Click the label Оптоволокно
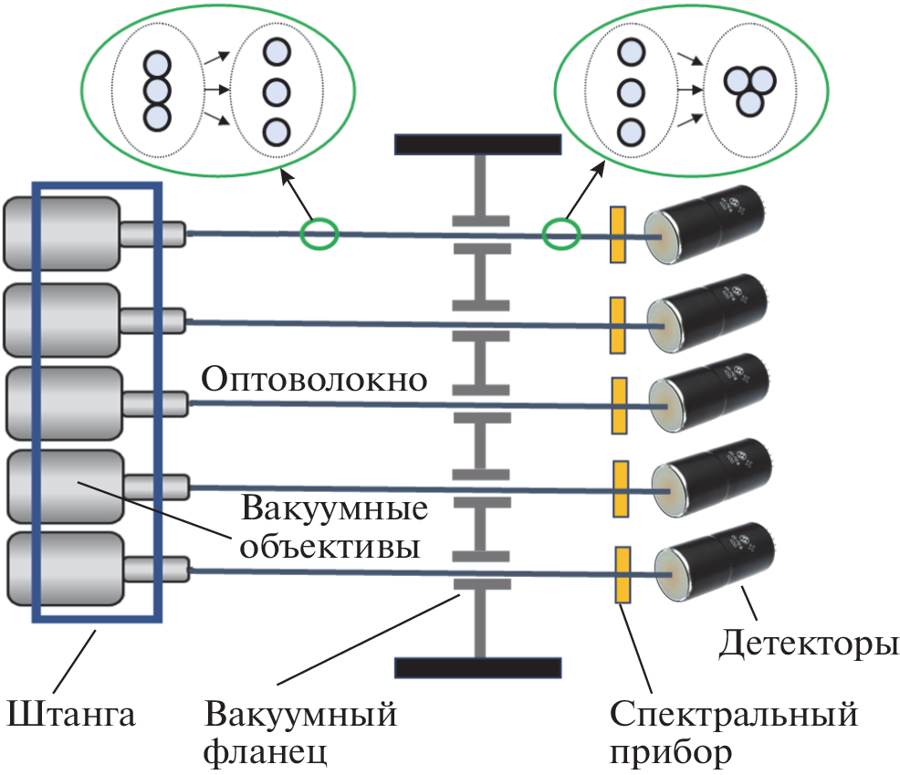(x=314, y=379)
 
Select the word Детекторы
(x=802, y=644)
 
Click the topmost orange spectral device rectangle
(x=618, y=235)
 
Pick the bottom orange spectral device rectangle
(x=624, y=575)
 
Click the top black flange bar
(x=477, y=145)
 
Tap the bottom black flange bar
(x=477, y=667)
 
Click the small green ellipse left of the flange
(x=319, y=235)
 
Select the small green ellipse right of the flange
(x=560, y=234)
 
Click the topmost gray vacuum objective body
(x=61, y=233)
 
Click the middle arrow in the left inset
(x=215, y=90)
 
